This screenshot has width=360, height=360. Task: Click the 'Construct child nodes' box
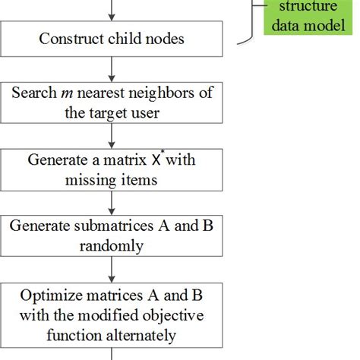coord(112,37)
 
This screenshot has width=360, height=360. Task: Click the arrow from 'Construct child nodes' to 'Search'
coord(112,66)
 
